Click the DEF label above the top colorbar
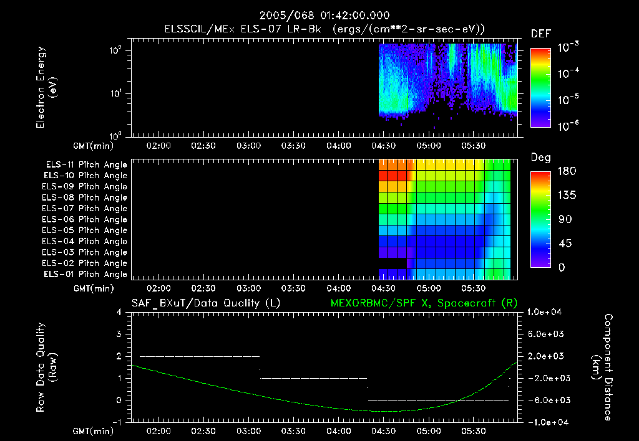click(x=540, y=34)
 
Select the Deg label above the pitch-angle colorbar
click(x=540, y=158)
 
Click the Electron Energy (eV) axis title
click(x=46, y=90)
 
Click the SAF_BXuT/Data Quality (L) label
click(x=205, y=303)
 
